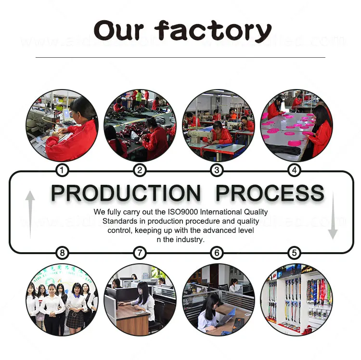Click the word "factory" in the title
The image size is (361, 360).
coord(213,31)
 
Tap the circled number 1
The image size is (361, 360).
coord(62,170)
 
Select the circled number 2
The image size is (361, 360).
coord(139,170)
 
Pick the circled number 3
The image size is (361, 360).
coord(217,170)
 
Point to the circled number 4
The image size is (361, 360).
coord(295,170)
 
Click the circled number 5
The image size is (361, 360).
coord(295,253)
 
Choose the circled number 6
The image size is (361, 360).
coord(217,253)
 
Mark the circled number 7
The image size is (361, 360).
coord(139,253)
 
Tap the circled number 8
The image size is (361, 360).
coord(62,253)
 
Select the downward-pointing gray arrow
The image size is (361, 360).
coord(333,215)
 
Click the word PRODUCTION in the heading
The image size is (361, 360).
coord(126,193)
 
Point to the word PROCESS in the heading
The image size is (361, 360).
coord(270,193)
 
